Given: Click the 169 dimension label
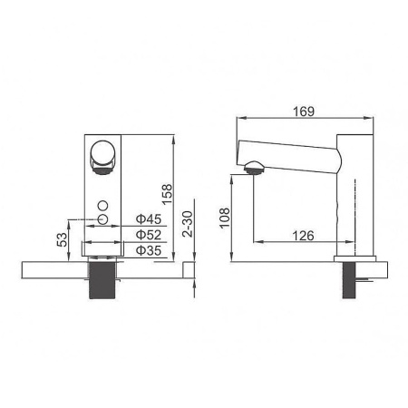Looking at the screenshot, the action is click(304, 112).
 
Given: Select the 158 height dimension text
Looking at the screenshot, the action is click(167, 195).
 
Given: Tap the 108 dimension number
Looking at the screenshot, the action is click(225, 218).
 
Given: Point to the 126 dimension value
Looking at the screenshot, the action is click(303, 236).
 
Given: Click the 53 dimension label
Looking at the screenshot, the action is click(63, 239).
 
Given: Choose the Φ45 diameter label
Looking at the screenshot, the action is click(149, 219).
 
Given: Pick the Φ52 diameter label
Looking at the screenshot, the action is click(149, 235).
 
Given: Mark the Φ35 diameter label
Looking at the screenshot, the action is click(149, 250).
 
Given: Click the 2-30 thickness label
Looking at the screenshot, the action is click(188, 224).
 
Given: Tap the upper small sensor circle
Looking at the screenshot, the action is click(102, 206).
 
